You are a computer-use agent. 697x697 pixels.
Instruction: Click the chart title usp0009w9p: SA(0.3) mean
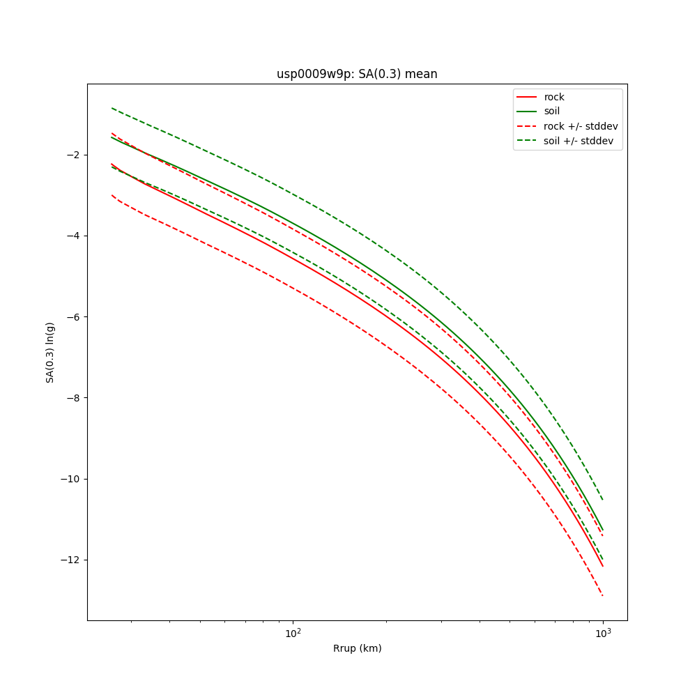[357, 74]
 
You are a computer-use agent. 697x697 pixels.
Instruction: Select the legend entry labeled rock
[554, 97]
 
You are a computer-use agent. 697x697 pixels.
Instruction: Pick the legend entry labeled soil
[552, 111]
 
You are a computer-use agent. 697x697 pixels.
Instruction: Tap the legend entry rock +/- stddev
[581, 126]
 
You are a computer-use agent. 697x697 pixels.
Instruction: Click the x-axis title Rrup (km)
[357, 648]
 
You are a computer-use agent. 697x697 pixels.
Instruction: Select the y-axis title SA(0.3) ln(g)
[50, 352]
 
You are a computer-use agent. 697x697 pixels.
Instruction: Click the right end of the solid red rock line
[603, 566]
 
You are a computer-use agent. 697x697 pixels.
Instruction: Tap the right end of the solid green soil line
[603, 530]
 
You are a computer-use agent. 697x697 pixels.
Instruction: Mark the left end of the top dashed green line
[112, 108]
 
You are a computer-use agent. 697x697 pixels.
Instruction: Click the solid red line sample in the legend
[526, 97]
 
